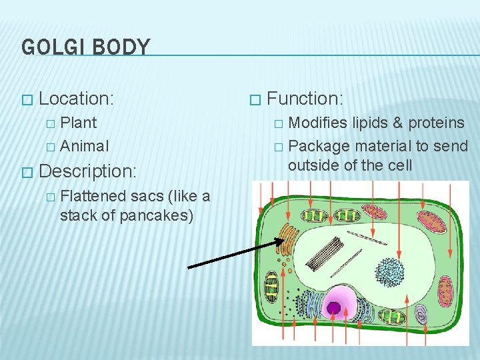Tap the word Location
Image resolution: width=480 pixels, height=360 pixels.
76,99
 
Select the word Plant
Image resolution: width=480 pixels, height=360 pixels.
79,123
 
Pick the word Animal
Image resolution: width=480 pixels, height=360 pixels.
84,145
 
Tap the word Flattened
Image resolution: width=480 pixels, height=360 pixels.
93,196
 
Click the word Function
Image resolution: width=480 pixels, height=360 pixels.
305,99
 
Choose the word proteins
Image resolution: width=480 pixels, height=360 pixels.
436,123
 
